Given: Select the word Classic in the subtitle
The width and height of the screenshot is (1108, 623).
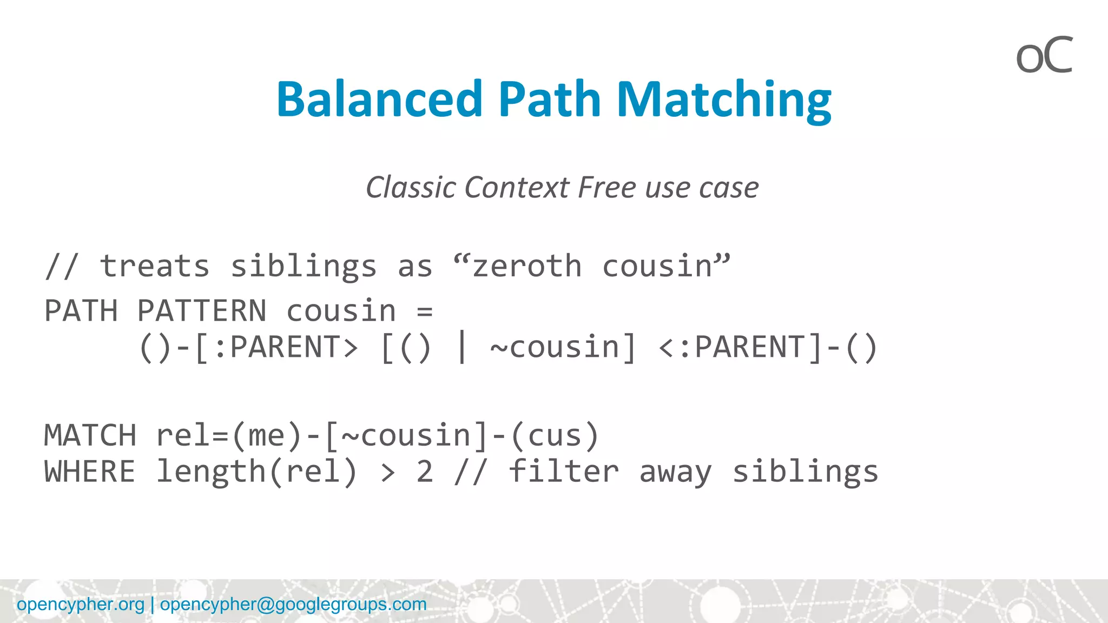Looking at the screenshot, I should click(411, 188).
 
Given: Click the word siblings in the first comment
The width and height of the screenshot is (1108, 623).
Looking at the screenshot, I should click(303, 267).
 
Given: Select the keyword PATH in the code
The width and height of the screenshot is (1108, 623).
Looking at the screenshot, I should click(81, 311).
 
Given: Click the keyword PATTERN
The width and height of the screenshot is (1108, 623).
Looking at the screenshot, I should click(201, 311).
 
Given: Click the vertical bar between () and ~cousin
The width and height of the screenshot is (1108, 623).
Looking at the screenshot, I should click(461, 347).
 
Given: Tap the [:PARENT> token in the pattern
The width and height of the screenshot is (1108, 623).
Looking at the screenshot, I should click(276, 347).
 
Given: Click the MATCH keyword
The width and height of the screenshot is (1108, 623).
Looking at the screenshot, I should click(90, 436).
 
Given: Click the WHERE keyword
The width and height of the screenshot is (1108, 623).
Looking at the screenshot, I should click(90, 472).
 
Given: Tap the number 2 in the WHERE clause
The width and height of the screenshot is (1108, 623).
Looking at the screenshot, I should click(425, 472).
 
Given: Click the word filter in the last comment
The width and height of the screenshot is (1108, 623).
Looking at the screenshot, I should click(563, 472).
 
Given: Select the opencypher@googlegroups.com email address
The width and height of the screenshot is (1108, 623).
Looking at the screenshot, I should click(293, 604).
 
